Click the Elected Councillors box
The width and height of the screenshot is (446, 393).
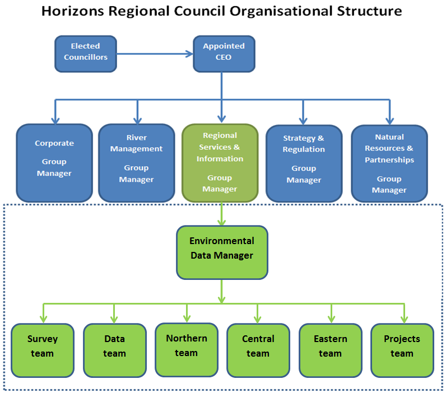[x=86, y=54]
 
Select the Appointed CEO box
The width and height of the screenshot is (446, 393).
[x=224, y=54]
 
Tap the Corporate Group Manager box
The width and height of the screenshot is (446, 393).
[x=54, y=163]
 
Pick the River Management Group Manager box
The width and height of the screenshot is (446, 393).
[x=137, y=163]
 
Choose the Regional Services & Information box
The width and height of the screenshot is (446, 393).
[x=220, y=163]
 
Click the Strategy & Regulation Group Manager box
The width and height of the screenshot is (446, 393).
[x=304, y=163]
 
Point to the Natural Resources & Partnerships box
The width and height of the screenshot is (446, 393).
[x=389, y=163]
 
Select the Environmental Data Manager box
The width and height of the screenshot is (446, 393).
[x=222, y=252]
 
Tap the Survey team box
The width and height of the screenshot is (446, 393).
[x=43, y=350]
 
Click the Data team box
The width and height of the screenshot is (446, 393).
[x=115, y=350]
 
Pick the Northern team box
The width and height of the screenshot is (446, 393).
[x=187, y=350]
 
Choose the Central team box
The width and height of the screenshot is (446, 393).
[x=258, y=350]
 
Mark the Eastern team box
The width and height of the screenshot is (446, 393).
[x=331, y=350]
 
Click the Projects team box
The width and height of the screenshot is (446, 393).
[x=402, y=350]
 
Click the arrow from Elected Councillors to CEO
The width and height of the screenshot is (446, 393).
[x=155, y=54]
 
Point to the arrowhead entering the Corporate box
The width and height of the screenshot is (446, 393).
[x=55, y=120]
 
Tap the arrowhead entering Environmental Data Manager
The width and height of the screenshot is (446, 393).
[x=221, y=222]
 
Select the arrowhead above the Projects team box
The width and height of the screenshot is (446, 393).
[x=404, y=320]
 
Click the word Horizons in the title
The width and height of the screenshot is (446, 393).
[x=73, y=11]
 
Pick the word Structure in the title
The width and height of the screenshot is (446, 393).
[x=369, y=11]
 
